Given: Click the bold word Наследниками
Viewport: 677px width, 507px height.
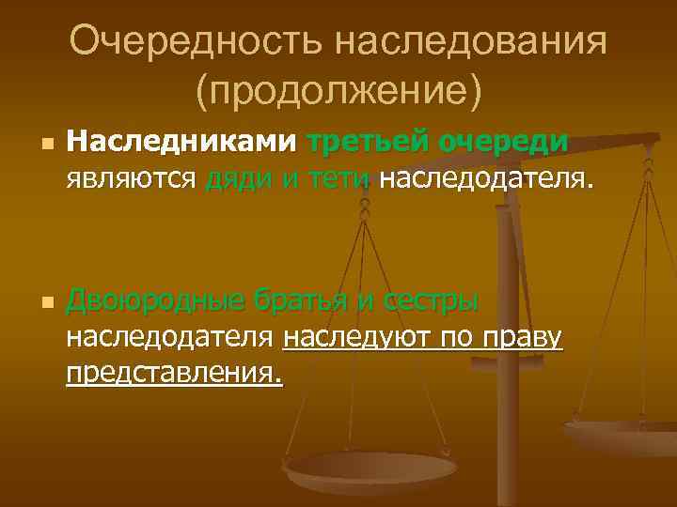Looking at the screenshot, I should pyautogui.click(x=180, y=143).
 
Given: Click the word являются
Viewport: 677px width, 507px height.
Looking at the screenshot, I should pyautogui.click(x=130, y=178).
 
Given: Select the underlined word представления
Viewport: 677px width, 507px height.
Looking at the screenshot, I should pyautogui.click(x=173, y=373).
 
